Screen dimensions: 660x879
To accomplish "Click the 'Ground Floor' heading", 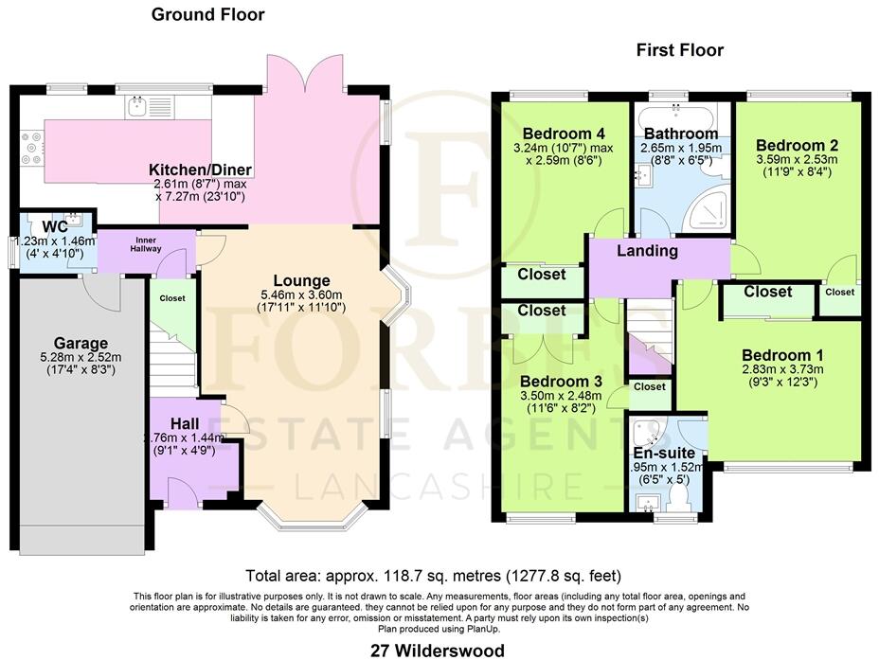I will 208,14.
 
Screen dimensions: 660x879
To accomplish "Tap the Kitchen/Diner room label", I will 199,170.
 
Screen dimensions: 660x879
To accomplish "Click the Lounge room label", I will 301,280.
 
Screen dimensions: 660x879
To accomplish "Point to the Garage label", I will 81,343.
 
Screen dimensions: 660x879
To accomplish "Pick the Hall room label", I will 185,422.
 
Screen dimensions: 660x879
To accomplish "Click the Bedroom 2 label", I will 797,146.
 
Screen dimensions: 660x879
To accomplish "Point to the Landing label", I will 647,251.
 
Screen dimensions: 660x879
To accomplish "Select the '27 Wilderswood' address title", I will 438,650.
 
